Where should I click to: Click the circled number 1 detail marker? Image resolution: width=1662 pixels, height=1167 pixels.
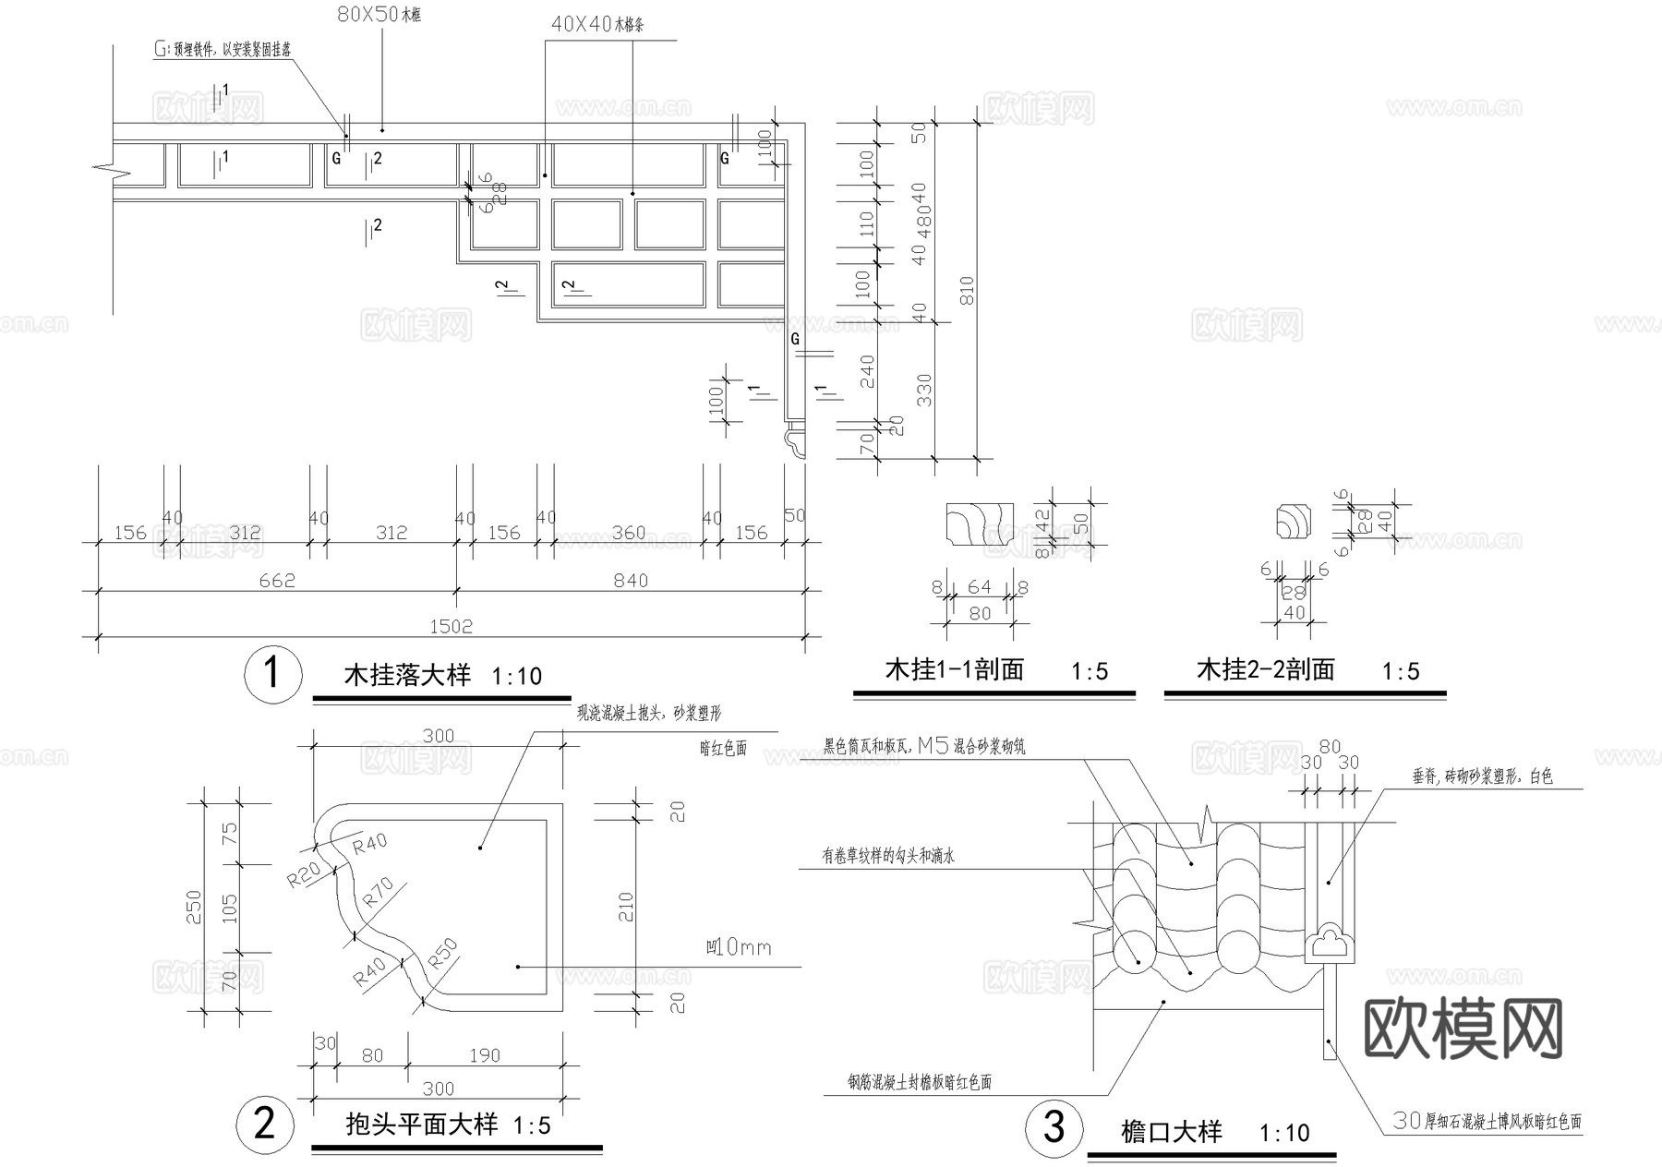272,674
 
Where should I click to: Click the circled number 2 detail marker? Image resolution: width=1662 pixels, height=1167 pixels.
265,1124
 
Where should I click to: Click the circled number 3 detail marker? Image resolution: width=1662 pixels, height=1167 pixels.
1054,1127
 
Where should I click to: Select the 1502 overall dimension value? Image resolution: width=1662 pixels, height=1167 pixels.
451,627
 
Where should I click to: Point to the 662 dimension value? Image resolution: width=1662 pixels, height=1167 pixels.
277,581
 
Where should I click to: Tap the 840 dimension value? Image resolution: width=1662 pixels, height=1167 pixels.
631,581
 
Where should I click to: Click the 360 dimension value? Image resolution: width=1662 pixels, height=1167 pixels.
630,533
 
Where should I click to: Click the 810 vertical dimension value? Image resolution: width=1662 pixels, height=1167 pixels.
967,292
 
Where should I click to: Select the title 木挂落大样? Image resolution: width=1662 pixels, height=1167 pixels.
407,675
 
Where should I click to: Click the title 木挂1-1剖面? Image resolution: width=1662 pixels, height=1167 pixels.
955,670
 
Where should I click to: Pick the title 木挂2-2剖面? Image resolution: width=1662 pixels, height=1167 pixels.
1265,670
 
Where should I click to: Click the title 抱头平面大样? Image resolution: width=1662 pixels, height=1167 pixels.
421,1125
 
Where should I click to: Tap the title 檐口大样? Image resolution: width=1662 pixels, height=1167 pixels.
1171,1132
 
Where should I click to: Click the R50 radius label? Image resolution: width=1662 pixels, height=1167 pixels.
443,953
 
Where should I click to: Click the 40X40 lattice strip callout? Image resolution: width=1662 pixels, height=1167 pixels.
597,25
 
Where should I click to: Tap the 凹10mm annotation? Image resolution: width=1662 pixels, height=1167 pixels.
738,947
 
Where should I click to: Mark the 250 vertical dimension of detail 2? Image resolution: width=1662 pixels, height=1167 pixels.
194,908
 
